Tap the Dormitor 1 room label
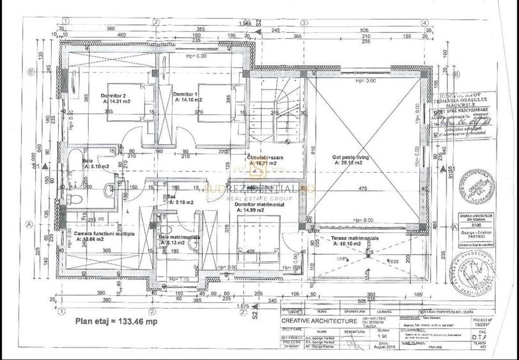[187, 94]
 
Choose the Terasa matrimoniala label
[355, 238]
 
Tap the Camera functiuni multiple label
[104, 234]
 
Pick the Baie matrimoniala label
[179, 237]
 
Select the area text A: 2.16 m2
[181, 202]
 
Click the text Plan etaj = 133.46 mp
[116, 322]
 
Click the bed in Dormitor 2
[130, 102]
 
